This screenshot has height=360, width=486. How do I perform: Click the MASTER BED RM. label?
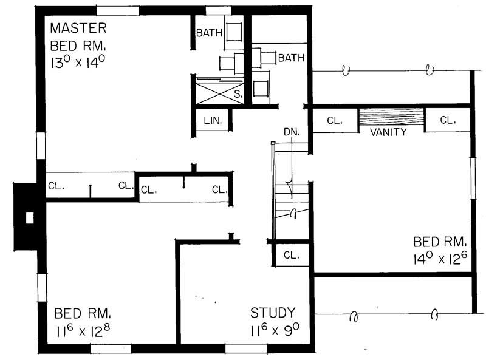pos(79,36)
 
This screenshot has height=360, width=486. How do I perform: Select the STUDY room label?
pos(273,313)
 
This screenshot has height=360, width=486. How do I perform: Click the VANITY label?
pos(388,132)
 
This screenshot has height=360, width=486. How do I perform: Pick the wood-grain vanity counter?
pos(391,117)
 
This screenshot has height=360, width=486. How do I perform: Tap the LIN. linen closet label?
pos(212,121)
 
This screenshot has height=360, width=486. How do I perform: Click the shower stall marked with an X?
pos(219,93)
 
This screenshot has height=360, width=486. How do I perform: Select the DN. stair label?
pos(291,132)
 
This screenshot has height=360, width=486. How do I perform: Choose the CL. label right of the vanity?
pos(447,120)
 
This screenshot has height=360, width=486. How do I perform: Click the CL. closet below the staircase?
pos(292,255)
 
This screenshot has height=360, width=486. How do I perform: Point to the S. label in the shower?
pos(238,94)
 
